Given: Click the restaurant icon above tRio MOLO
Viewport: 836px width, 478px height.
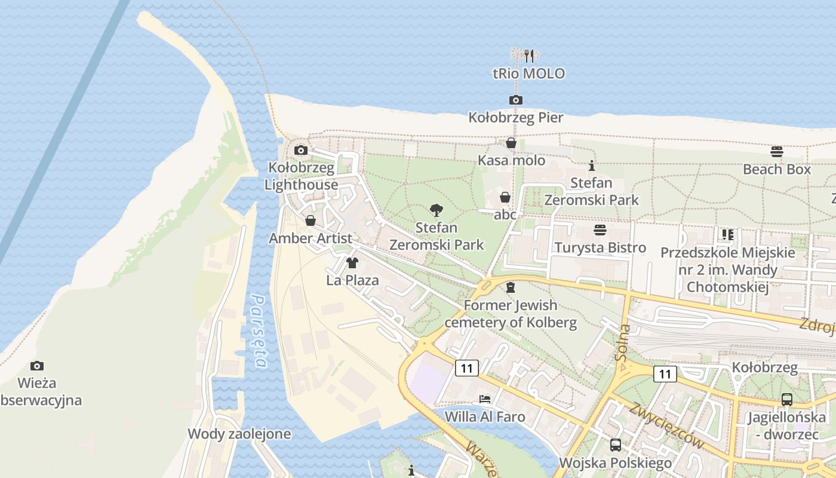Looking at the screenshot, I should [x=528, y=56].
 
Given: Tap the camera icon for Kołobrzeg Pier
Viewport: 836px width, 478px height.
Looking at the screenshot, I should [x=516, y=100].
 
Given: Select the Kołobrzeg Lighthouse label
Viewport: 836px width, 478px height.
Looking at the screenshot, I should [x=301, y=176].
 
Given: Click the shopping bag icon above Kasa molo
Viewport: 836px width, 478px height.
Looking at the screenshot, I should [x=511, y=143].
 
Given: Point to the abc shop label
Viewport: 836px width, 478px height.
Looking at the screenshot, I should [x=505, y=215].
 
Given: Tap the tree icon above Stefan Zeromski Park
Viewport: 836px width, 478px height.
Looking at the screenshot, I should [x=437, y=210].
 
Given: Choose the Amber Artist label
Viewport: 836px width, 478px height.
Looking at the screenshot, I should [x=311, y=238].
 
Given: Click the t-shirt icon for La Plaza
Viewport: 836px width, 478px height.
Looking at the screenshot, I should [x=352, y=262].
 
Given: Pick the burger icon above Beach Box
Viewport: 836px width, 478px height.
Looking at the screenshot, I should [x=777, y=151].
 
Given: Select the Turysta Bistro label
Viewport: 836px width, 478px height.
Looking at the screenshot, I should [x=600, y=247].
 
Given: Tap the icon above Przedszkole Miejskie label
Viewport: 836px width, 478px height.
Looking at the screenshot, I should [x=727, y=234].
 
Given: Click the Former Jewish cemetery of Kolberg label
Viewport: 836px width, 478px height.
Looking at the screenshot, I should [x=511, y=314].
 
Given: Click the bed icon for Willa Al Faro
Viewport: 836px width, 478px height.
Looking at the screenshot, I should [x=485, y=399].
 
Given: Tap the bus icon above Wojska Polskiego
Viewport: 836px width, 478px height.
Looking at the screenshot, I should [x=615, y=445].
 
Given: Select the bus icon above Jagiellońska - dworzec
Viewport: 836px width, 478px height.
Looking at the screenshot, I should [x=787, y=400].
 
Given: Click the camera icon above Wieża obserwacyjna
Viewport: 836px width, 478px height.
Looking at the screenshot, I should [x=37, y=365].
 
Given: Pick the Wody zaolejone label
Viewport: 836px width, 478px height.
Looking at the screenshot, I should [x=239, y=434].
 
